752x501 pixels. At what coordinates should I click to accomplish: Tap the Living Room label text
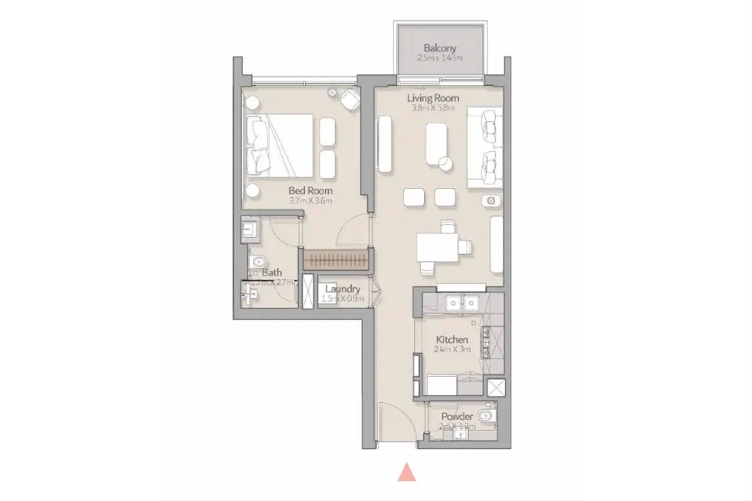[433, 98]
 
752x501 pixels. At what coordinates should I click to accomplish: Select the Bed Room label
[310, 191]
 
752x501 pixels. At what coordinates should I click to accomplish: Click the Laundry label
[343, 289]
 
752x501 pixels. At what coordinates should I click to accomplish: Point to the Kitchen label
[452, 340]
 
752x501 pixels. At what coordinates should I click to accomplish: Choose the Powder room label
[457, 416]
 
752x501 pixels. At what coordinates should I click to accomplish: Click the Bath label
[271, 272]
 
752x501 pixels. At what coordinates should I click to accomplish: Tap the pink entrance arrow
[406, 472]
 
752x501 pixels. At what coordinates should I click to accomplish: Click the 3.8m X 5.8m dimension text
[433, 109]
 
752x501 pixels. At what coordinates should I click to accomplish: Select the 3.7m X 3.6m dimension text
[310, 201]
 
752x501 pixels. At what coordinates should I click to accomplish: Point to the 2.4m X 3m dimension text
[452, 350]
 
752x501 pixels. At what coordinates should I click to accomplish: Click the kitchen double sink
[460, 303]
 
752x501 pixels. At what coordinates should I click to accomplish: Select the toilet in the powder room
[486, 416]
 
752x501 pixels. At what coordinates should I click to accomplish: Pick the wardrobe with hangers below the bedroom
[336, 259]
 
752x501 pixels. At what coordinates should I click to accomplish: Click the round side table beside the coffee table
[446, 164]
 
